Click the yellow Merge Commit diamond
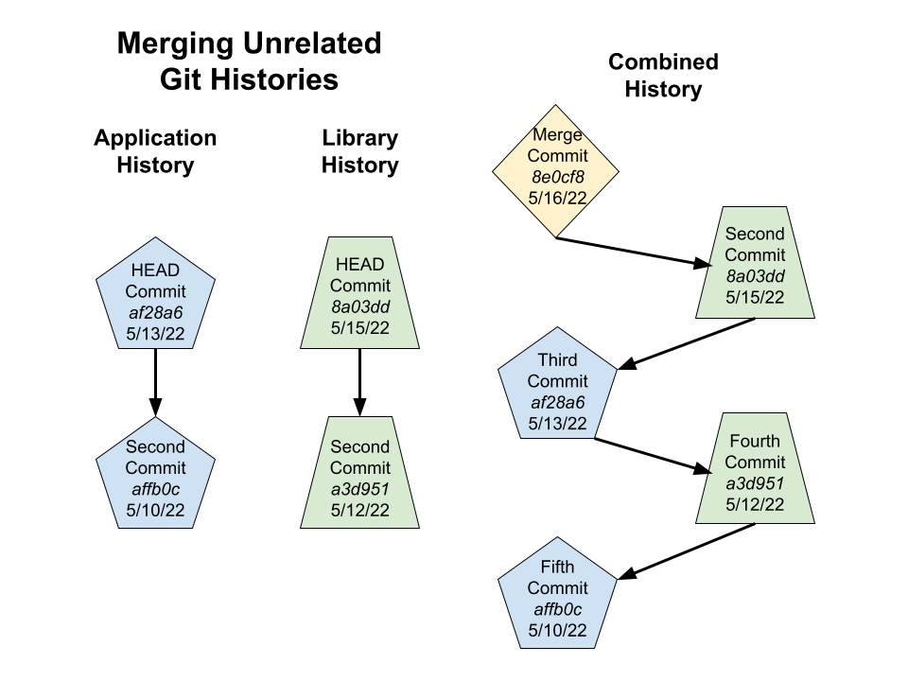click(x=556, y=171)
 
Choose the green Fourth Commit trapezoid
click(x=755, y=469)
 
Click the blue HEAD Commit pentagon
click(x=156, y=297)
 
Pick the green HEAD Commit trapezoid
click(x=360, y=294)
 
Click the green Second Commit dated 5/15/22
click(x=755, y=263)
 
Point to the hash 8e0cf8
click(x=557, y=177)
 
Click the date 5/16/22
click(x=557, y=198)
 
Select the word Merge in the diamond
click(x=557, y=135)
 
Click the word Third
click(x=557, y=360)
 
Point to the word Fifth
click(x=557, y=567)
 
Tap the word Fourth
click(x=755, y=441)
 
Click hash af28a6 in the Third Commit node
click(x=557, y=402)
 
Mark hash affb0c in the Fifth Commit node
click(x=557, y=609)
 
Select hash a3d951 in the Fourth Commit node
click(x=755, y=483)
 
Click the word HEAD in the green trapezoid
click(x=360, y=264)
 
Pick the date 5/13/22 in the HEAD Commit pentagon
click(x=156, y=333)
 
